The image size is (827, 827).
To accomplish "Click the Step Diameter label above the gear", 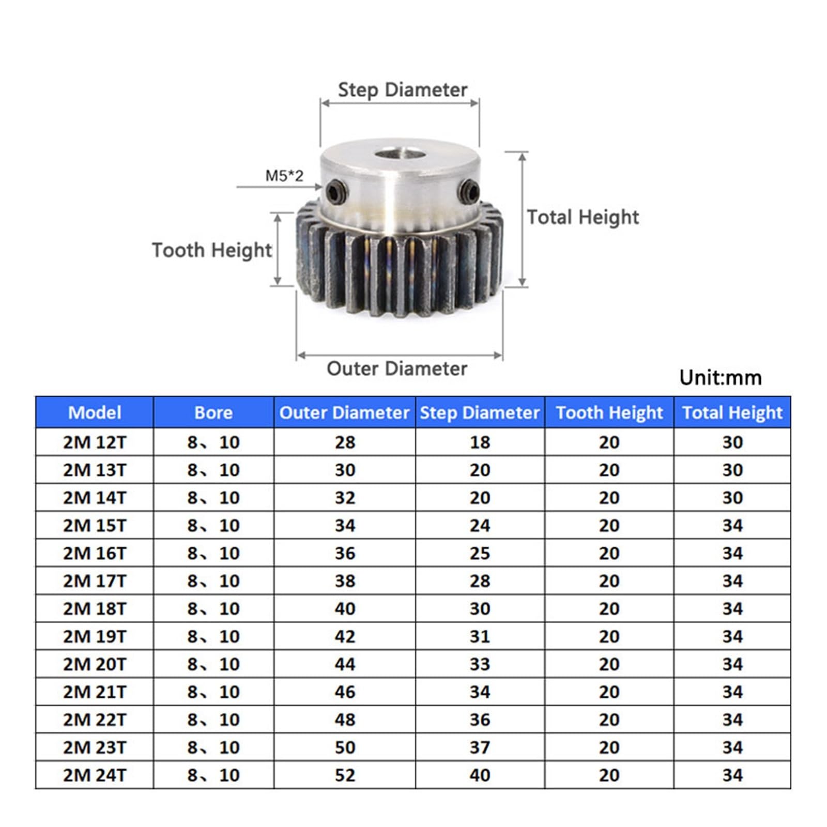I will (x=402, y=90).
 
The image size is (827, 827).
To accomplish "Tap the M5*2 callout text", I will (x=284, y=176).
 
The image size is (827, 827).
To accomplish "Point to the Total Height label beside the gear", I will (x=583, y=217).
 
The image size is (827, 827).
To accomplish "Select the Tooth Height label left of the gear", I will (x=211, y=250).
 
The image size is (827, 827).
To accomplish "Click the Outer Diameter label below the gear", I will (x=396, y=369).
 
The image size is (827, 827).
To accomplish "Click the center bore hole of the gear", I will (x=398, y=154).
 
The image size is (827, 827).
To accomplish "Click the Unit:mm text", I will (x=720, y=378).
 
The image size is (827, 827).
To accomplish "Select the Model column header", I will (x=95, y=412).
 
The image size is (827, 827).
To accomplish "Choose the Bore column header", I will (x=213, y=412).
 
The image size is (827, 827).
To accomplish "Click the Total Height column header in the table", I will (x=732, y=412).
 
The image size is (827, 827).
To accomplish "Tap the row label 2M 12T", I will (x=95, y=442).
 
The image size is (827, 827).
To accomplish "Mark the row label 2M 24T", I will (x=95, y=775).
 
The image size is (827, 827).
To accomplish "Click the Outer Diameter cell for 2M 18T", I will (x=345, y=609).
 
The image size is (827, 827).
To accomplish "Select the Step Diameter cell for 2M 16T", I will (x=480, y=554).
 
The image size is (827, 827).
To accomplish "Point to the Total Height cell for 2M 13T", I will (x=732, y=470).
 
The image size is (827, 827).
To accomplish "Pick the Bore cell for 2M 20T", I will (x=213, y=664).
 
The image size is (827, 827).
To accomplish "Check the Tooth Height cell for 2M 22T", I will (x=609, y=720).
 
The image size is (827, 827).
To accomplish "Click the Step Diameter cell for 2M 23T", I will (x=480, y=747).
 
